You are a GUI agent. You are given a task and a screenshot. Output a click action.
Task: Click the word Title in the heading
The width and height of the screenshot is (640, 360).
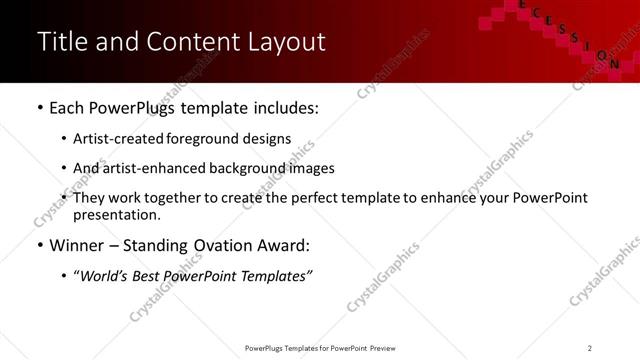[60, 42]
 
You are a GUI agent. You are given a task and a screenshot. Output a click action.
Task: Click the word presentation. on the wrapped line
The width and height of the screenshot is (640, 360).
[116, 214]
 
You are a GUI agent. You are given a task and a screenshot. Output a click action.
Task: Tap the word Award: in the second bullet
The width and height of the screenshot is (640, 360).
[283, 245]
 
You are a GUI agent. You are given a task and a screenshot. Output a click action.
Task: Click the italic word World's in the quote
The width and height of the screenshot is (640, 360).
[105, 276]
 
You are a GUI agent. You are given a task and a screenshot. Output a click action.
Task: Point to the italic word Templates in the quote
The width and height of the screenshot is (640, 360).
[275, 276]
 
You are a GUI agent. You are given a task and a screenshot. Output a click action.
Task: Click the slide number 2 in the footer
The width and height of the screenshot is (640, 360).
[590, 348]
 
